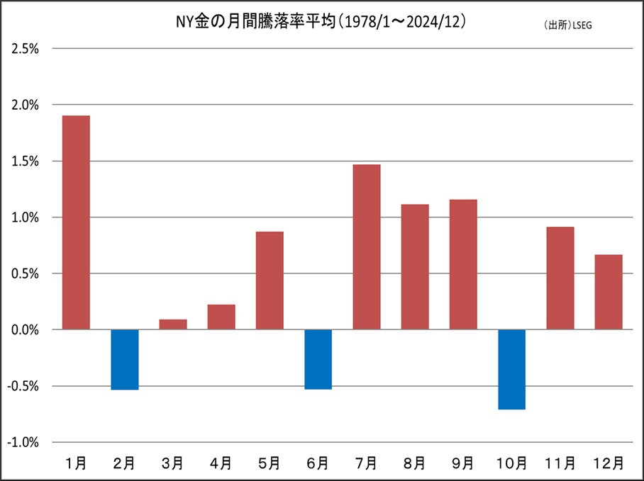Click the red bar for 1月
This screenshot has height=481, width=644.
(76, 222)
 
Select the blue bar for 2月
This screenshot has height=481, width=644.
(124, 360)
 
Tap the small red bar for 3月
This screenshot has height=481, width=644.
(173, 324)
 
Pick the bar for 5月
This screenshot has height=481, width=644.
(270, 281)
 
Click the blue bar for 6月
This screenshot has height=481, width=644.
(318, 359)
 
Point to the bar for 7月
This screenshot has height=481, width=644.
(367, 247)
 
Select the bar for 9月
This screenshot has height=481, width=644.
(463, 264)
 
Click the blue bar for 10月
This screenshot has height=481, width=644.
(511, 369)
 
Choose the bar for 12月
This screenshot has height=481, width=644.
(609, 292)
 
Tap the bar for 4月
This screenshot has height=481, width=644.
(221, 317)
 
